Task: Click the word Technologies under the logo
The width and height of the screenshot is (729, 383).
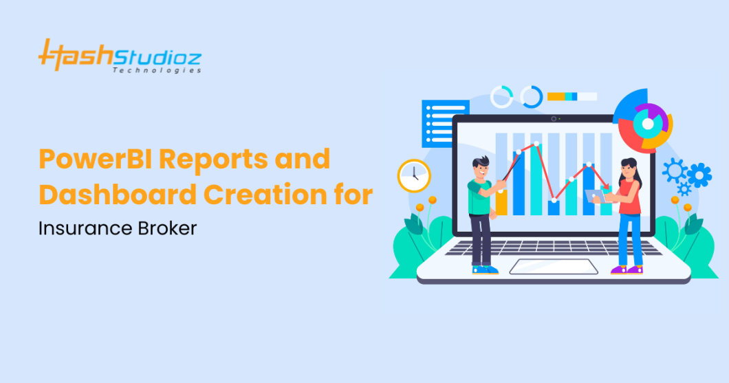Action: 157,70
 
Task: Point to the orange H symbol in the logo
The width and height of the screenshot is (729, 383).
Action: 52,55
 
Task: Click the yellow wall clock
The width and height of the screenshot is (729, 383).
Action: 413,175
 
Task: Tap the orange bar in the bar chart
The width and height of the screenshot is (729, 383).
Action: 502,203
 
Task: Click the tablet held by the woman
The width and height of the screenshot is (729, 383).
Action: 596,196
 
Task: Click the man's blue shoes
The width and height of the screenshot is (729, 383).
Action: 485,270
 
